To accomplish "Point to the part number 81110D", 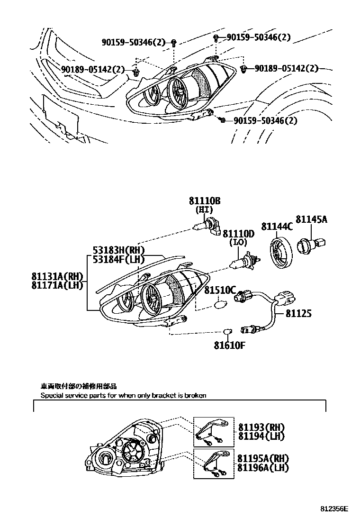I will click(x=239, y=234).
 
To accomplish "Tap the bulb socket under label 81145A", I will click(x=308, y=245).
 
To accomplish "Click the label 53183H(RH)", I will click(x=118, y=250).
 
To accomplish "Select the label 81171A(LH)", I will click(x=57, y=284).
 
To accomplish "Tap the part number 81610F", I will click(x=228, y=345).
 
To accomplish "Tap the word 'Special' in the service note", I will click(x=51, y=395).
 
